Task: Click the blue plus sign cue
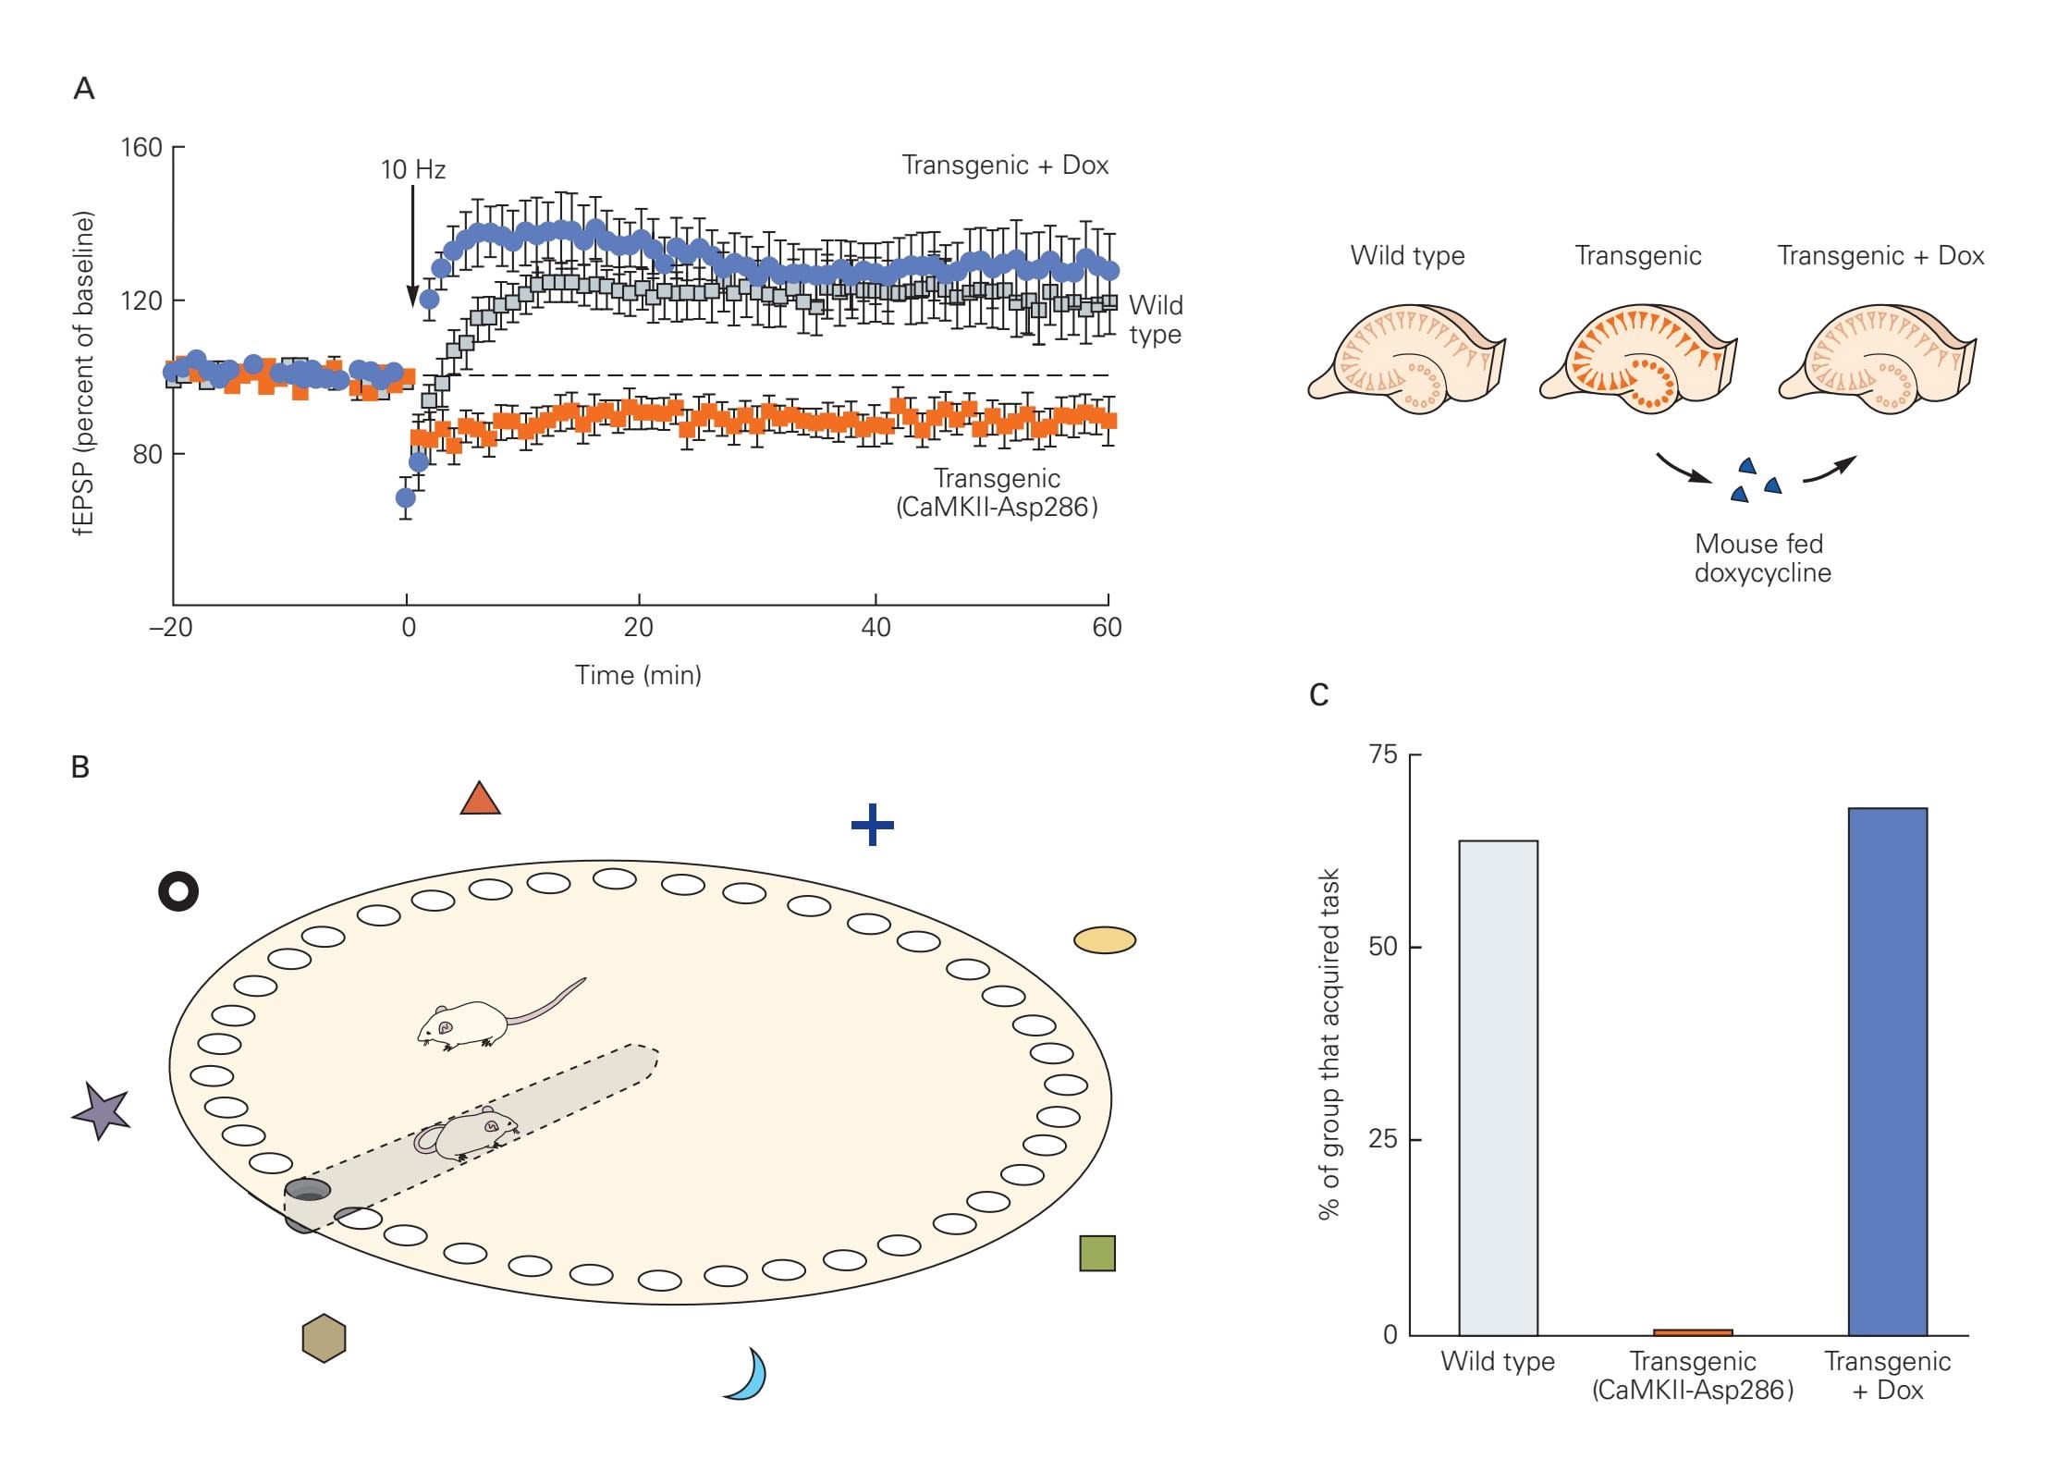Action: pos(872,825)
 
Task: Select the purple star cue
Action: pos(101,1110)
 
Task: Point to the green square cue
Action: pos(1097,1253)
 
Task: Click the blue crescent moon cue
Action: pos(748,1375)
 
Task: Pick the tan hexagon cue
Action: pos(324,1338)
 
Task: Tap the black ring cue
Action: pos(178,891)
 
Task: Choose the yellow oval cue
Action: pos(1105,940)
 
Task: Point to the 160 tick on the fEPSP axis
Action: pos(141,148)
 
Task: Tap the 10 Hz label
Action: pos(413,170)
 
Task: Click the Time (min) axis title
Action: pos(638,675)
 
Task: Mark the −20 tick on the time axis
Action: pos(171,628)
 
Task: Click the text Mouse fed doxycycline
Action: pos(1762,558)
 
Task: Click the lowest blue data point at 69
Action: pos(405,497)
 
